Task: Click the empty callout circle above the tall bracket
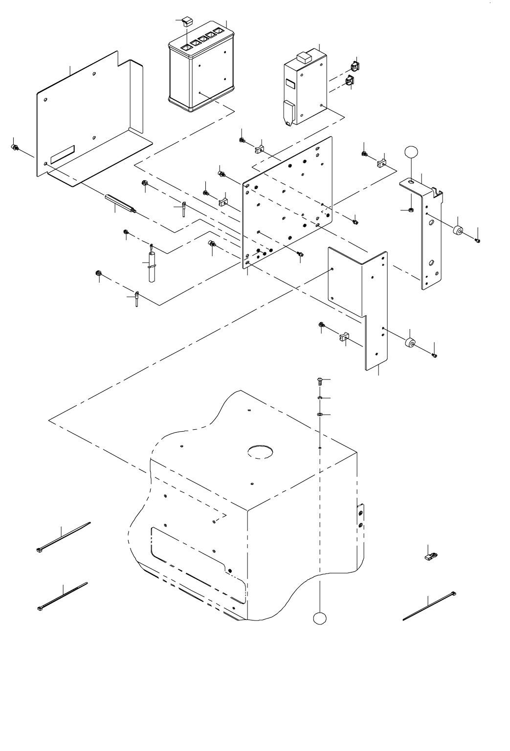(412, 152)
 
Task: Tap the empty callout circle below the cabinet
(319, 618)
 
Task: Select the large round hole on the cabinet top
(260, 451)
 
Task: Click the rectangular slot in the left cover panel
(63, 154)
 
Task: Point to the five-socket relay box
(200, 71)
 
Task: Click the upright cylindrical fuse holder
(152, 266)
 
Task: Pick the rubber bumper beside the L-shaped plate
(410, 343)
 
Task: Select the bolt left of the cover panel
(15, 147)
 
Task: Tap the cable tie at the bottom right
(429, 605)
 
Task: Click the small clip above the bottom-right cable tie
(430, 556)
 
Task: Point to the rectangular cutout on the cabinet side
(196, 562)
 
